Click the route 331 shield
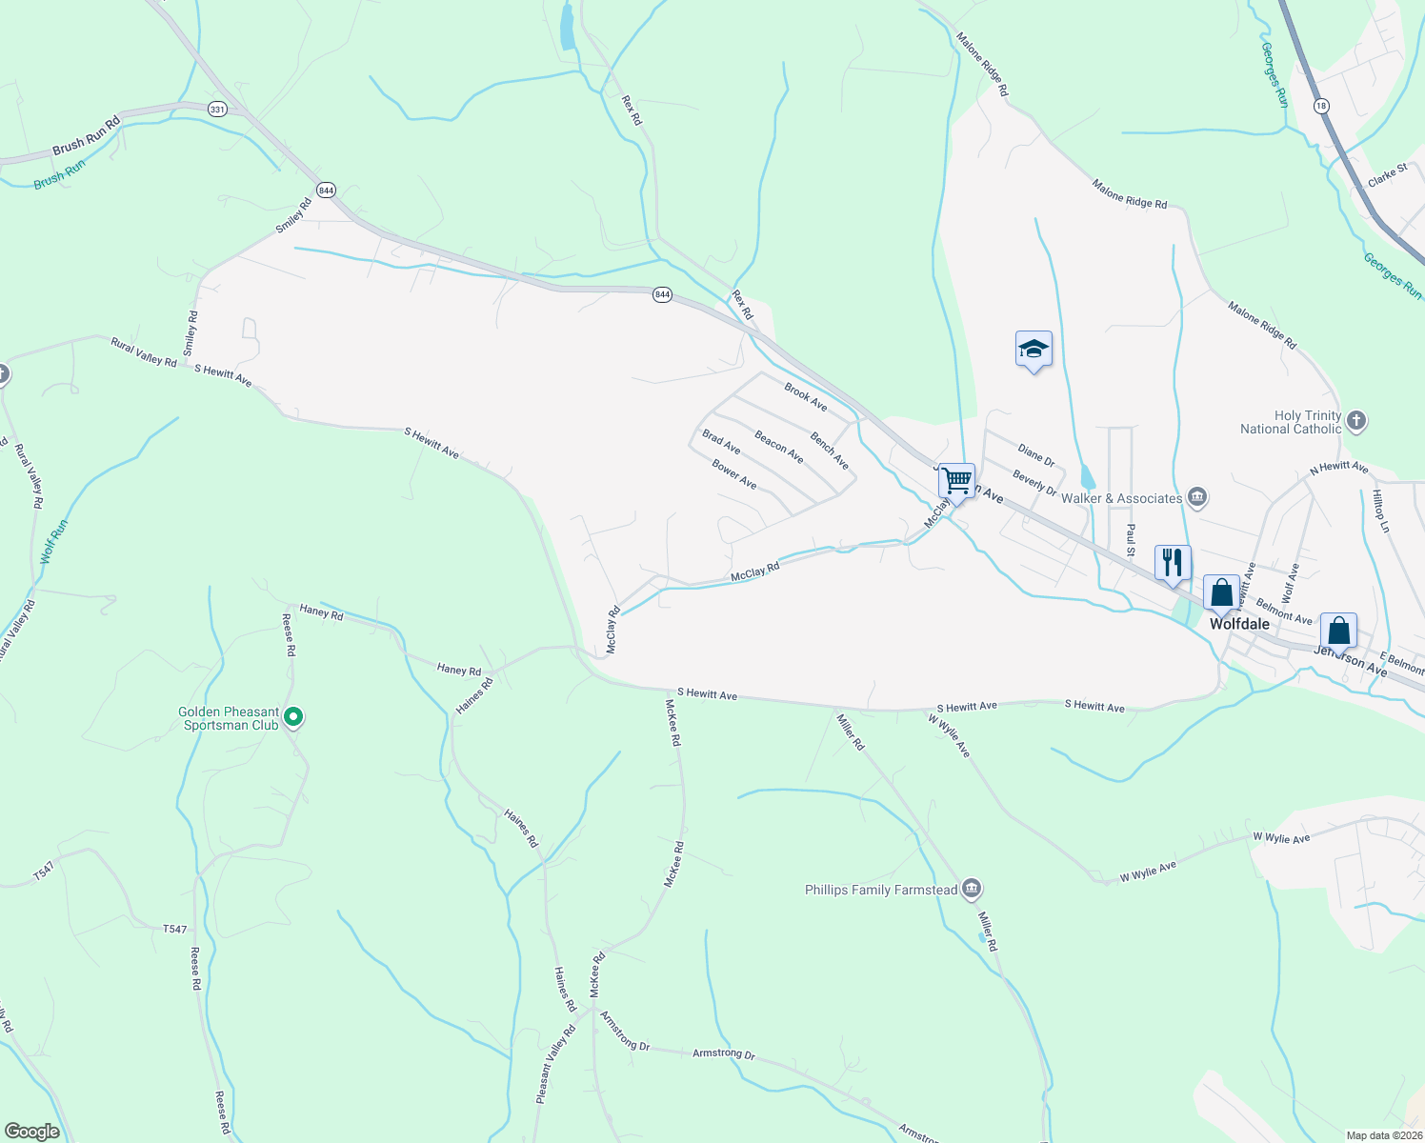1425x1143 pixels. (x=217, y=110)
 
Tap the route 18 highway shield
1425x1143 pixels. (x=1320, y=106)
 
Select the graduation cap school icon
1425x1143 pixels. (x=1034, y=350)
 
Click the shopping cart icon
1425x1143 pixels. (x=956, y=480)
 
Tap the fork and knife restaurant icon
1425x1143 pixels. (x=1173, y=562)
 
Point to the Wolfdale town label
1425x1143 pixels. (x=1239, y=624)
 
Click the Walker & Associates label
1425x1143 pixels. (x=1121, y=498)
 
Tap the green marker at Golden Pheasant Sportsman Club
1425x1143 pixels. (x=294, y=716)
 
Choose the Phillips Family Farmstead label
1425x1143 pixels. (x=881, y=890)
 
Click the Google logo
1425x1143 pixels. (x=31, y=1131)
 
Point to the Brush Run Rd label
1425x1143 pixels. (x=87, y=135)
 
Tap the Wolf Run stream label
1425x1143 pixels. (x=54, y=541)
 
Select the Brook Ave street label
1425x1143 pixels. (x=806, y=396)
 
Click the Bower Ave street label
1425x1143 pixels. (x=734, y=474)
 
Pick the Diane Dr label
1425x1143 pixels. (x=1035, y=455)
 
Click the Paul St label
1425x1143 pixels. (x=1131, y=540)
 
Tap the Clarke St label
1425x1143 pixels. (x=1387, y=176)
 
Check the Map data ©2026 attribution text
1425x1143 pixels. (x=1383, y=1135)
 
